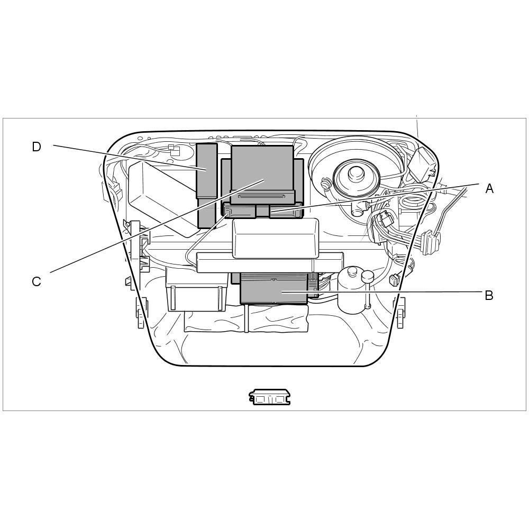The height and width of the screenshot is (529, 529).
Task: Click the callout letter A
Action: click(x=489, y=188)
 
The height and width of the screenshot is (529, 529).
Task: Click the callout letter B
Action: click(x=489, y=295)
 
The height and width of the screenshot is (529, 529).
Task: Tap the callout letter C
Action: click(x=37, y=281)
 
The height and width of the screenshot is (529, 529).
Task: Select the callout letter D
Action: click(x=37, y=147)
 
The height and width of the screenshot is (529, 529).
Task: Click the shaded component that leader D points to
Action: click(x=206, y=185)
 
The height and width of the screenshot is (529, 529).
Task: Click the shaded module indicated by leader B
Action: click(x=273, y=288)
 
